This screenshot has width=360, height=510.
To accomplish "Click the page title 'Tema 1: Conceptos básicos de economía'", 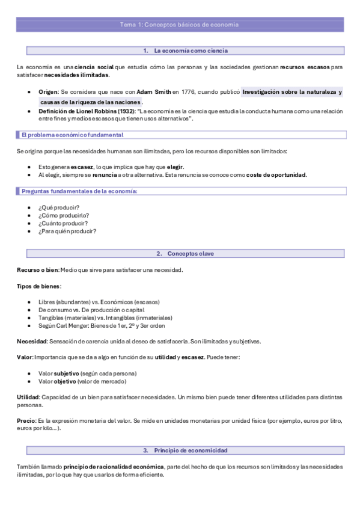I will click(x=180, y=25).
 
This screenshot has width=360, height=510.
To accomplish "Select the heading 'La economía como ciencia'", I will click(x=191, y=51).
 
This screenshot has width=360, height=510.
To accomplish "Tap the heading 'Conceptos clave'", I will click(x=191, y=254).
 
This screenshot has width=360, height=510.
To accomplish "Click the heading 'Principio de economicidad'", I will click(x=191, y=450).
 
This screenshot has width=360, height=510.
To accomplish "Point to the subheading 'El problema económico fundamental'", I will click(x=72, y=135).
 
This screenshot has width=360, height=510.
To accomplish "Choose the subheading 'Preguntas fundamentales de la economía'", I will click(x=79, y=191).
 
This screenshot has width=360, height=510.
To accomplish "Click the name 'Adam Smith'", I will click(x=153, y=92).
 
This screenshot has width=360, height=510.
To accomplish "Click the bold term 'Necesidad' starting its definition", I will click(x=31, y=342).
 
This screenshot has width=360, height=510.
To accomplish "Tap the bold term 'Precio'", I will click(x=26, y=420).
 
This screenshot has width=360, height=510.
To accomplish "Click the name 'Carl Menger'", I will click(x=70, y=325).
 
